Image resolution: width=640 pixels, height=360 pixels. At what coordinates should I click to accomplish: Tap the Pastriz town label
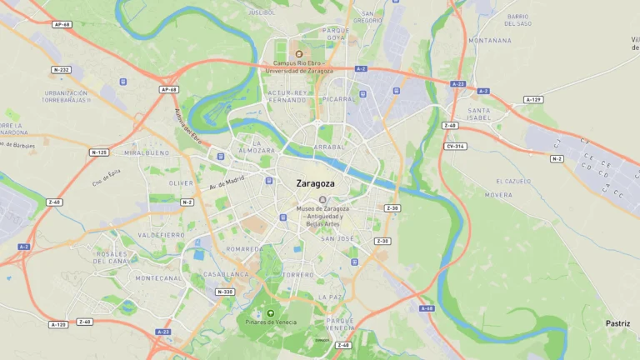coord(618,323)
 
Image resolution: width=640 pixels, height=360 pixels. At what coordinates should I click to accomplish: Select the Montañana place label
coord(490,40)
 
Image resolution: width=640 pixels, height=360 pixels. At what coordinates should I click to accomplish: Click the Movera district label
coord(499,195)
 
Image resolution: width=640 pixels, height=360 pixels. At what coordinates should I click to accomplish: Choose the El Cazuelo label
coord(513,181)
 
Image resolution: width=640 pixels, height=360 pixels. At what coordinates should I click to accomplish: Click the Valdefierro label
coord(162,235)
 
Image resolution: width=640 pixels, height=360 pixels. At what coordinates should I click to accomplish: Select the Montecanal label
coord(158,278)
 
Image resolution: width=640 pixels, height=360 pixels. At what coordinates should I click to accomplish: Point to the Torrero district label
coord(297,274)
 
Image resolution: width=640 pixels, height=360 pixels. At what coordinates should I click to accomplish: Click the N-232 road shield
coord(61,70)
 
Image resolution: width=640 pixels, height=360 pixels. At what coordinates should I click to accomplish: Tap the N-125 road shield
coord(99,152)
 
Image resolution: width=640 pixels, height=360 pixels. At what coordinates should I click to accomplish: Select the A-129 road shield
coord(533,100)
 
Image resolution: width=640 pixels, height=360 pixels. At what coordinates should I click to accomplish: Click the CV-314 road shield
coord(456,146)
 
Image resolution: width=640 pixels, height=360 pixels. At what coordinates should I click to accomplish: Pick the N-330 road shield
coord(225,292)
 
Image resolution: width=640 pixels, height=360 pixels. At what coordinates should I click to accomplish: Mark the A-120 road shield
coord(58,324)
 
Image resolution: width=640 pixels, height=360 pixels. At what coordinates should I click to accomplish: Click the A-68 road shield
coord(427,308)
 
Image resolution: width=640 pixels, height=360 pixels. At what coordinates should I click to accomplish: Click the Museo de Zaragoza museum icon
coord(322,199)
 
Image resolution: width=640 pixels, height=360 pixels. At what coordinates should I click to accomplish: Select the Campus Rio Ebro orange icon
coord(299,54)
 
